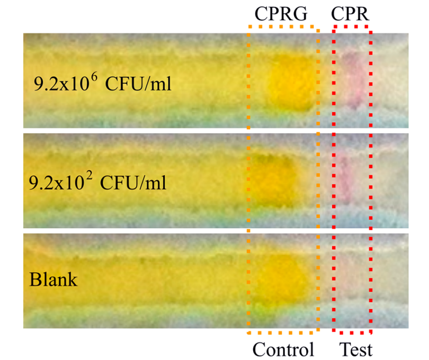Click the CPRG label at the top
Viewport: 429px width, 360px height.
(x=281, y=13)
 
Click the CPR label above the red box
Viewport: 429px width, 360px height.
(x=350, y=13)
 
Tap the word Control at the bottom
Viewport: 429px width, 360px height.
(x=283, y=349)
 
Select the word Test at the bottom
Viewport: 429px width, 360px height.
(x=356, y=349)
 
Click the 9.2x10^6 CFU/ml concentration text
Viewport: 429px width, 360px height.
(x=103, y=82)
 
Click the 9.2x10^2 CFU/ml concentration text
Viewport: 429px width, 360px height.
(x=97, y=182)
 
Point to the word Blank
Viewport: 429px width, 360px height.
(x=53, y=280)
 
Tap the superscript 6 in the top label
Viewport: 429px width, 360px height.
(x=94, y=77)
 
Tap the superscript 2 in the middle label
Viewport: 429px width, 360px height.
(x=89, y=177)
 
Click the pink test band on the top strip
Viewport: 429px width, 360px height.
(x=353, y=79)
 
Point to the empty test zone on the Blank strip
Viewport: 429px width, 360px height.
(x=352, y=282)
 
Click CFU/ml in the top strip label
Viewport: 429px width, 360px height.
(x=138, y=84)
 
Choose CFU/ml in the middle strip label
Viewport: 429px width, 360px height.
(x=133, y=183)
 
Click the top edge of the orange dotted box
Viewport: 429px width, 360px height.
(x=283, y=27)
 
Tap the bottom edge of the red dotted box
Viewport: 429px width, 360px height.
(x=352, y=332)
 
